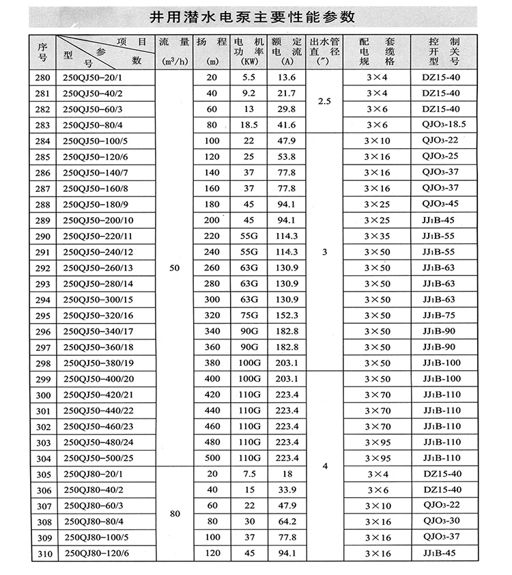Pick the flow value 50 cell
[173, 268]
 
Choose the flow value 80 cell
[173, 514]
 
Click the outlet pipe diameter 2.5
[324, 101]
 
